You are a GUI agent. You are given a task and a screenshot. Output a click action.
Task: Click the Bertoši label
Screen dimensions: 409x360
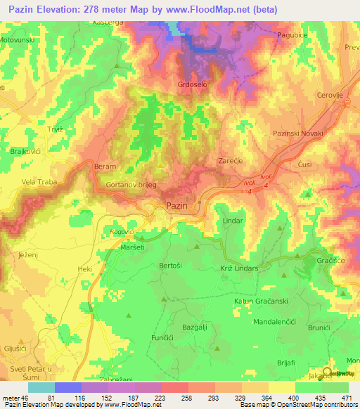click(x=171, y=266)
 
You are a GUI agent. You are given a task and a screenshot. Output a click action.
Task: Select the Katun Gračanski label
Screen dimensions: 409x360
click(x=263, y=301)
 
